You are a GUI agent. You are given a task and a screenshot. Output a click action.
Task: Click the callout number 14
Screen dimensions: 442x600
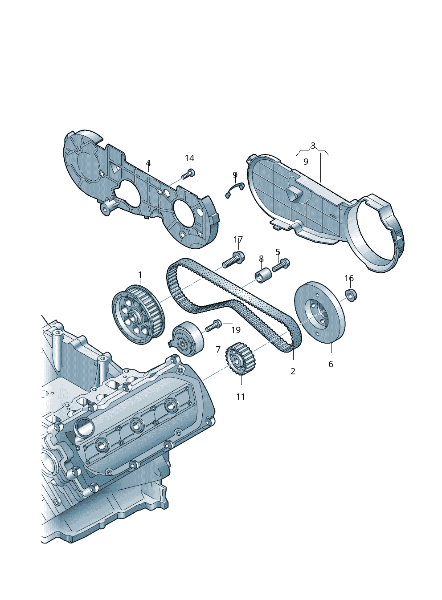point(190,158)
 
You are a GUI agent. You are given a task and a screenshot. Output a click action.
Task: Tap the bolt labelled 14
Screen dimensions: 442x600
point(188,174)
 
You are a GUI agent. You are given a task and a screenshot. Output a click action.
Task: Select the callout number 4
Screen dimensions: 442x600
point(148,163)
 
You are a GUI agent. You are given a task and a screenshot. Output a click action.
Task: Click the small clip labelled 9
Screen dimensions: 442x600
point(235,190)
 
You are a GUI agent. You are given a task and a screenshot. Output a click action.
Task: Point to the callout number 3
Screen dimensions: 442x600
point(313,146)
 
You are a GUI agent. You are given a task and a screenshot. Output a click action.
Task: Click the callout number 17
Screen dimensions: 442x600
point(238,239)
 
